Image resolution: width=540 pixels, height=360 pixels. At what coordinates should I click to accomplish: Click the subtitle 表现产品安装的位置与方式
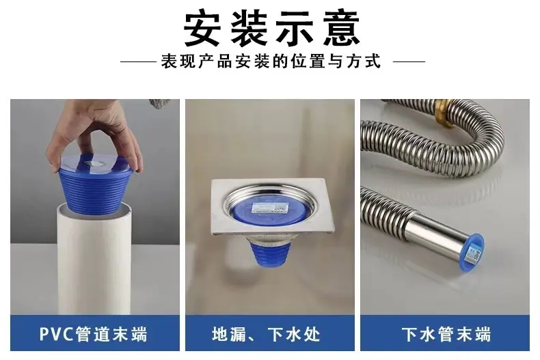tap(271, 61)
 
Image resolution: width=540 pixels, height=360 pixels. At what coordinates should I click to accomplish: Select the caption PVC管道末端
tap(94, 334)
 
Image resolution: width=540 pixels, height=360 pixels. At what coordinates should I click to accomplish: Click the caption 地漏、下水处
tap(266, 334)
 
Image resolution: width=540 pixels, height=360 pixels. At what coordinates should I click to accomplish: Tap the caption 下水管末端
tap(446, 334)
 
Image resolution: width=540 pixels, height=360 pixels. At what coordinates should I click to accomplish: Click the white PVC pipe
tap(94, 258)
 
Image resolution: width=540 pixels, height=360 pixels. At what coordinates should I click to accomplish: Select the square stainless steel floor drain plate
tap(272, 207)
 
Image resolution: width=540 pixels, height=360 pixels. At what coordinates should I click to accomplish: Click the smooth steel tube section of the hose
tap(436, 234)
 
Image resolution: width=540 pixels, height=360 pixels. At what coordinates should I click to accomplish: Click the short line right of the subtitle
tap(409, 62)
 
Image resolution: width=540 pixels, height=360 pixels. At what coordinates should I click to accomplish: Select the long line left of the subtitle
tap(138, 62)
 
